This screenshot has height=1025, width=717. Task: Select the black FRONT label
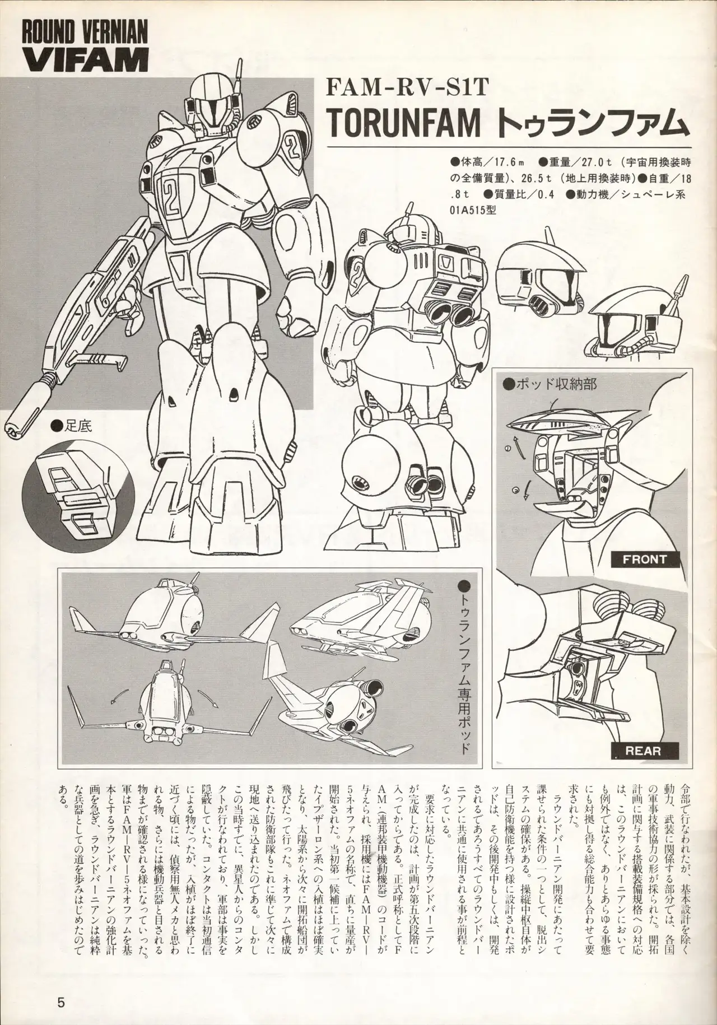[646, 558]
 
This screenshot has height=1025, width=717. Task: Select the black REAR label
[646, 750]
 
